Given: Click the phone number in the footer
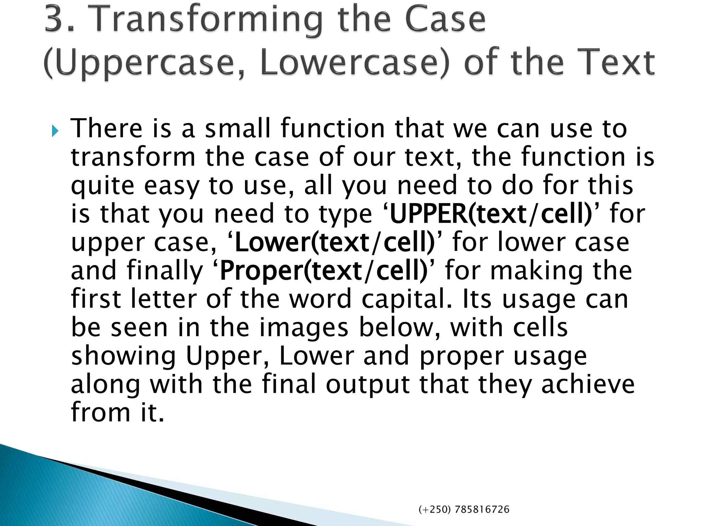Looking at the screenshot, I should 464,510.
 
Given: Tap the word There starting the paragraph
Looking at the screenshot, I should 106,128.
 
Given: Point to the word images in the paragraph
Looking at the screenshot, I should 304,327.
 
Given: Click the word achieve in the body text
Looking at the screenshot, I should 588,384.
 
